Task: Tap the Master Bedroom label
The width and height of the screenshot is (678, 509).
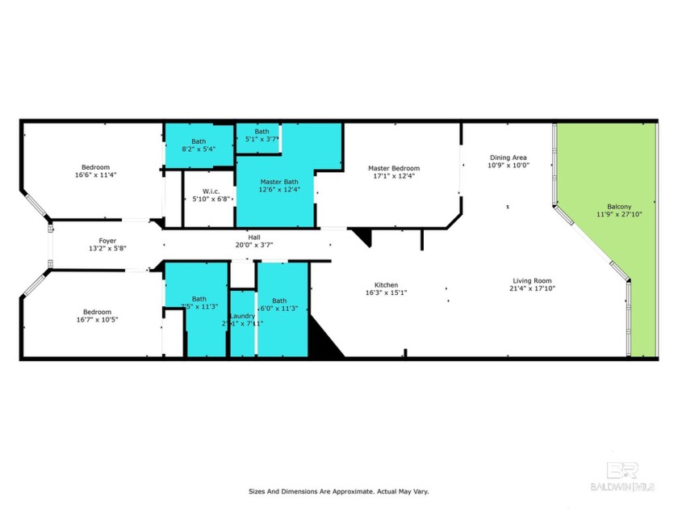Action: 394,168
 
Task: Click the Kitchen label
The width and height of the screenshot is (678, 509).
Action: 386,284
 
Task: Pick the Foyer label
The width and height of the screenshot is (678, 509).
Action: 107,240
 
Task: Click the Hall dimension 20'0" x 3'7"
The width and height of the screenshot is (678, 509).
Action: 253,246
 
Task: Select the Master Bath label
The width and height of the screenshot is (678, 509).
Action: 278,182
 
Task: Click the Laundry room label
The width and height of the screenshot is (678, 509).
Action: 242,315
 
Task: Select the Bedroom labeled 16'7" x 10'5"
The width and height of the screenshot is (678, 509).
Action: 96,312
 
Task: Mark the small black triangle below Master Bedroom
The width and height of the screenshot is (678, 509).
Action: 362,237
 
